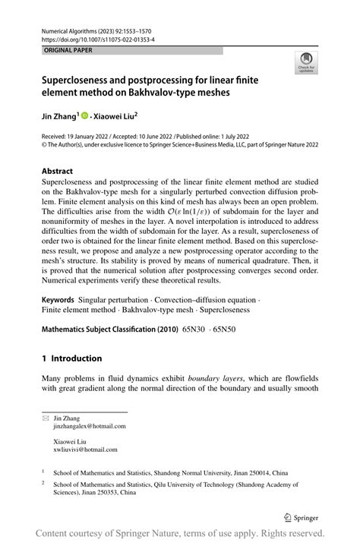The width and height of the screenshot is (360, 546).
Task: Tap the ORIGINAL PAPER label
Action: pyautogui.click(x=59, y=50)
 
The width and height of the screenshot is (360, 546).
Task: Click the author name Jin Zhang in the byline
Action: pyautogui.click(x=62, y=118)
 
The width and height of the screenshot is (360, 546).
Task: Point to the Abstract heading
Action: pyautogui.click(x=58, y=172)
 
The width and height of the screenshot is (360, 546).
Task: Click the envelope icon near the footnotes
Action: pyautogui.click(x=46, y=418)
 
